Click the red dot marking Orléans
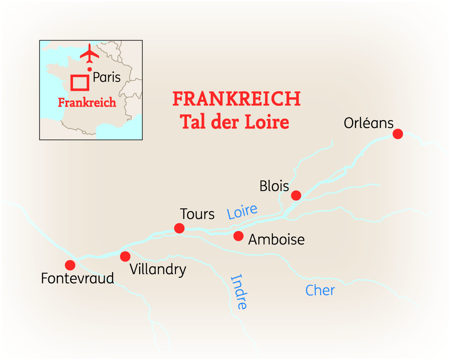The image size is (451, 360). [x=398, y=134]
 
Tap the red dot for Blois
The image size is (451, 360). [x=296, y=195]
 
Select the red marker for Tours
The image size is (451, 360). [x=179, y=228]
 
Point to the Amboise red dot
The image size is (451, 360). [x=238, y=236]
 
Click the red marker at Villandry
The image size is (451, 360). [x=125, y=256]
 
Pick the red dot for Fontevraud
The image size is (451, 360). [x=70, y=265]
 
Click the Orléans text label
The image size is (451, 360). [x=368, y=123]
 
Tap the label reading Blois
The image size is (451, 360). [x=274, y=186]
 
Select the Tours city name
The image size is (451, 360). [x=197, y=214]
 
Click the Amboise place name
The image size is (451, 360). [x=276, y=240]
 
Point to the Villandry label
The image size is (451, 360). [x=158, y=270]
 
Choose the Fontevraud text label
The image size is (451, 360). [x=77, y=279]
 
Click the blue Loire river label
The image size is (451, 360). [x=242, y=212]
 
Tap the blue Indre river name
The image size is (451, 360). [x=238, y=292]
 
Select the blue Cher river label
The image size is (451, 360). [x=320, y=290]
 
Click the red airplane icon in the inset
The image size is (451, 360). [x=90, y=55]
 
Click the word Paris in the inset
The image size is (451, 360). [x=107, y=77]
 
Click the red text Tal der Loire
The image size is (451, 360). [x=234, y=122]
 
